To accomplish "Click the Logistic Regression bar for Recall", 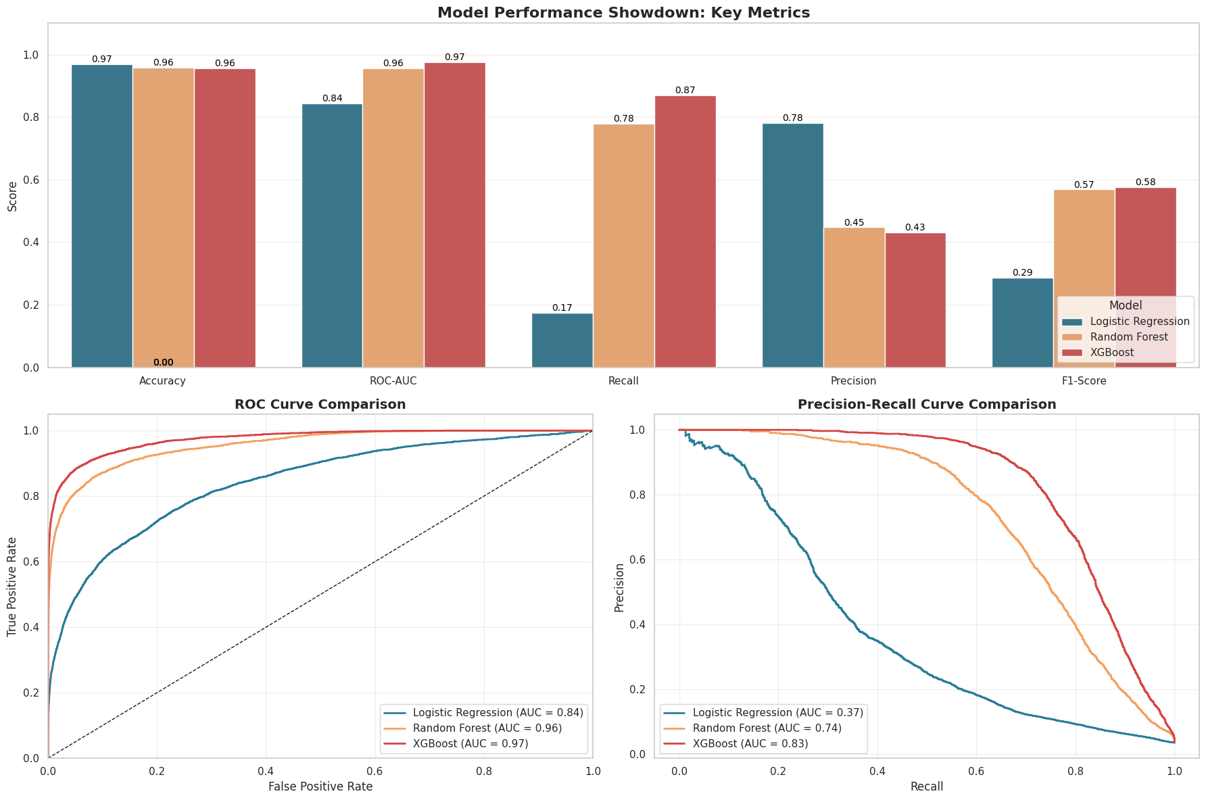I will click(562, 341).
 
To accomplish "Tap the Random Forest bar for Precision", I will click(854, 297).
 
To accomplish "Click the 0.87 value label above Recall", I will click(685, 91).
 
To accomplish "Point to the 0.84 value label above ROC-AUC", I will click(332, 99).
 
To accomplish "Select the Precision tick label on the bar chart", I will click(854, 381).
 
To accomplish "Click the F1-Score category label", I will click(1084, 381).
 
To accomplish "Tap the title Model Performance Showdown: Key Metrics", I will click(623, 13).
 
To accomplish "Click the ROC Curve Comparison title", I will click(320, 405).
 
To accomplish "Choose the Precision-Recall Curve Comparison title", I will click(927, 405).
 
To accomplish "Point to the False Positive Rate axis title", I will click(320, 786).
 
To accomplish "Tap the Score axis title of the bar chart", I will click(12, 195).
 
